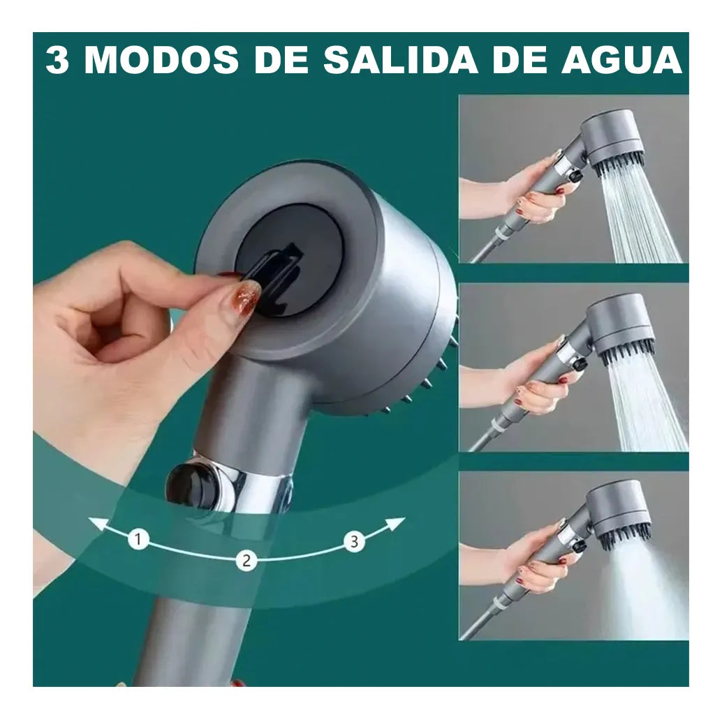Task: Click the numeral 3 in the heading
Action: (x=58, y=61)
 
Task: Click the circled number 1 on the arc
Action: (x=140, y=539)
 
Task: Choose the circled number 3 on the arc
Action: (x=355, y=541)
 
